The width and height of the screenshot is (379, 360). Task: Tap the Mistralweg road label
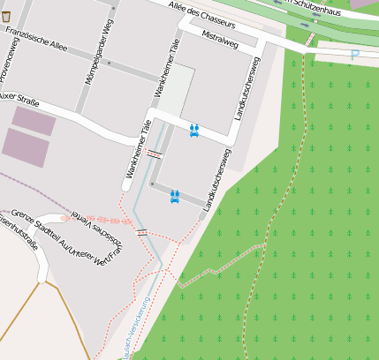[221, 40]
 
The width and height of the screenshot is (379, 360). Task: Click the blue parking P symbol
[355, 55]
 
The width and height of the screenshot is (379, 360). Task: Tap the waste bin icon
[6, 17]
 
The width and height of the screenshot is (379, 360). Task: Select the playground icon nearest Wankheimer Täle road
[194, 131]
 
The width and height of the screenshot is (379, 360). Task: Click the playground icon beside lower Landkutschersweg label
[175, 196]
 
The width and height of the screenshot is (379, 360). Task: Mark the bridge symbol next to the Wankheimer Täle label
[155, 154]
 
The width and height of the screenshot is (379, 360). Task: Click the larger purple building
[27, 146]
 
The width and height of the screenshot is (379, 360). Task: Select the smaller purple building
[34, 120]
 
